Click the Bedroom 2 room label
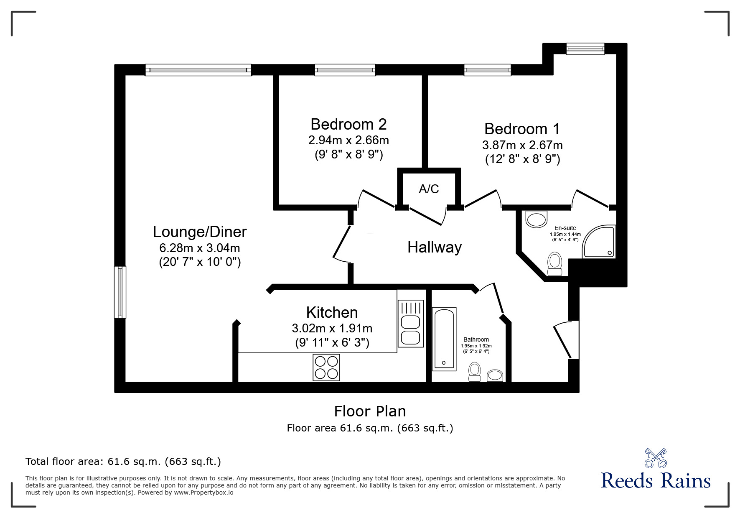[348, 124]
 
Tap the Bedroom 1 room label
[522, 129]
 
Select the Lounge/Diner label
[200, 232]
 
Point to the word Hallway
[435, 247]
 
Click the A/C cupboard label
[429, 189]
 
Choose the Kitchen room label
[332, 312]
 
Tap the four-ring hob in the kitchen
[326, 367]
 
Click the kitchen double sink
[410, 324]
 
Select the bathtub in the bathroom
[444, 339]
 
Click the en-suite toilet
[555, 264]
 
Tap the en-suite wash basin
[537, 219]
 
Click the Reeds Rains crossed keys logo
[656, 458]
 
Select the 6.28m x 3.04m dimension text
[200, 248]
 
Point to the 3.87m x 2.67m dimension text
[522, 145]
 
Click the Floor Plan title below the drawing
[370, 411]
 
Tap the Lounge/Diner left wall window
[120, 292]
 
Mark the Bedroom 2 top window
[345, 70]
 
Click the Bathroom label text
[476, 339]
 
